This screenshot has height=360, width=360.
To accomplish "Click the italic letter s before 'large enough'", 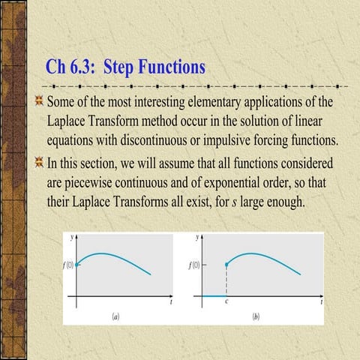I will click(x=249, y=203).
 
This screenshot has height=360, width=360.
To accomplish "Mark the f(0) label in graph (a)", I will click(x=67, y=265).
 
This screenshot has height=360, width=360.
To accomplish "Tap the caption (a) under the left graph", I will click(x=115, y=316).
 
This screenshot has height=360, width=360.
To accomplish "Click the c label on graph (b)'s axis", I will click(x=227, y=302).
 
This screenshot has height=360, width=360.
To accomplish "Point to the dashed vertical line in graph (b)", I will click(x=226, y=281).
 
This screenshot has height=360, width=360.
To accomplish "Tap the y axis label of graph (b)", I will click(x=198, y=237).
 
